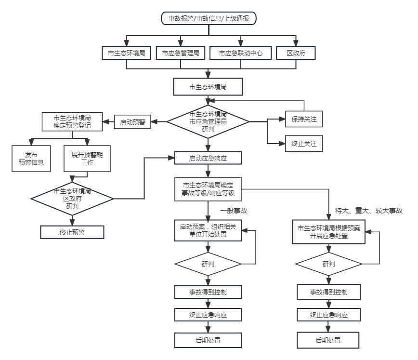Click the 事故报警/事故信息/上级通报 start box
[209, 19]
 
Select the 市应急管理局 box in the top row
[181, 53]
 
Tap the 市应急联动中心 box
[241, 53]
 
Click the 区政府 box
[296, 53]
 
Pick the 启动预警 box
[132, 122]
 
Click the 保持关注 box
[304, 119]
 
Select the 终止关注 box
[304, 144]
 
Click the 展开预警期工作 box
[87, 159]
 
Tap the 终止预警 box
[72, 232]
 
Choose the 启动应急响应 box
[208, 158]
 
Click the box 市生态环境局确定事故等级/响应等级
[208, 189]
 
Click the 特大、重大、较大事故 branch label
[368, 211]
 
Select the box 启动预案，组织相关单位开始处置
[208, 230]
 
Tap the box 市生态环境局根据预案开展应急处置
[329, 232]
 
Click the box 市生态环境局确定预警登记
[72, 122]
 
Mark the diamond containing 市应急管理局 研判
[208, 122]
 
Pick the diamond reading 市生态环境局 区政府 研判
[72, 198]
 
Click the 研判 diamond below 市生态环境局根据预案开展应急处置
[328, 264]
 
